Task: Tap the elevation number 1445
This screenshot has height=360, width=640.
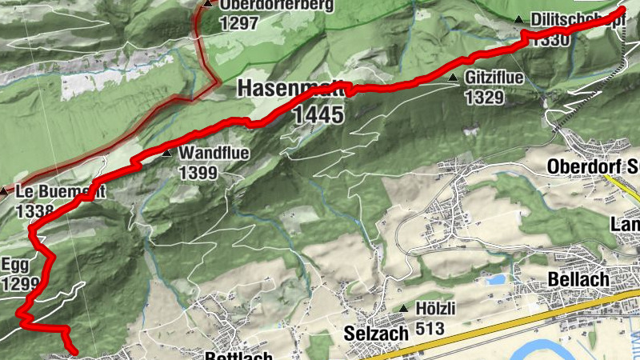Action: [318, 115]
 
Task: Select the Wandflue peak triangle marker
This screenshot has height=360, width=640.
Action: [166, 153]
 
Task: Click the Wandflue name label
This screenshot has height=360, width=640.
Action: [214, 153]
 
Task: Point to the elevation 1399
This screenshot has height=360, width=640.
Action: [198, 171]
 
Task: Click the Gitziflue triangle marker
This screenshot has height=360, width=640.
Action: [453, 78]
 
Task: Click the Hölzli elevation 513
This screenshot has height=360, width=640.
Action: [430, 326]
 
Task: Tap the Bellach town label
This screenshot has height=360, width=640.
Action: [579, 279]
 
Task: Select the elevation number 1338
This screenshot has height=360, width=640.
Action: [34, 211]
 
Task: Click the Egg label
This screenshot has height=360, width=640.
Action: [15, 265]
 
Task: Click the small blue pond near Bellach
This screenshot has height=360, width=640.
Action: [496, 280]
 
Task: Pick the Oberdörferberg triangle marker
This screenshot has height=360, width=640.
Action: [208, 4]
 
